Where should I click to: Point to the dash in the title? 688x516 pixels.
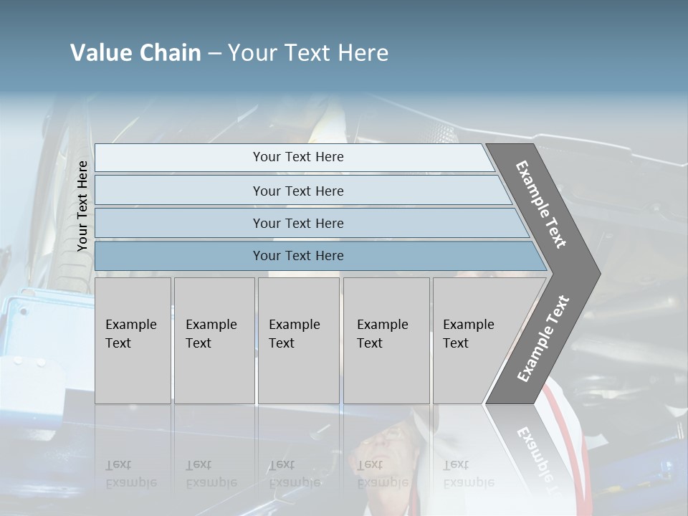214,54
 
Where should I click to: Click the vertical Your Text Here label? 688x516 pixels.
82,206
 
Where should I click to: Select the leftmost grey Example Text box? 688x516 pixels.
133,340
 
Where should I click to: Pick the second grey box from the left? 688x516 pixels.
214,340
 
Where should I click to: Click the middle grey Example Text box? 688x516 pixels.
298,340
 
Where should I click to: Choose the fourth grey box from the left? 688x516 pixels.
386,340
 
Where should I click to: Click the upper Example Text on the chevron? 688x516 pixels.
541,204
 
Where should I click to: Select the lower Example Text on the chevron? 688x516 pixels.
543,338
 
